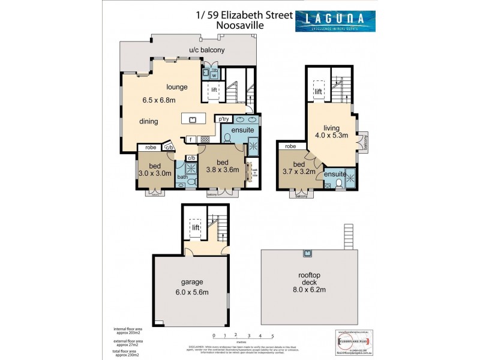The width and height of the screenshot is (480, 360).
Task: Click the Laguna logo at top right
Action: coord(335,21)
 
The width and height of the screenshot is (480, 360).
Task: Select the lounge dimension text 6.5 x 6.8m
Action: coord(164,100)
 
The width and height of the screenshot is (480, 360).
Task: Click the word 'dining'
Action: coord(149,121)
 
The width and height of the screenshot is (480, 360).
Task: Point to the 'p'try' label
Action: coord(225,119)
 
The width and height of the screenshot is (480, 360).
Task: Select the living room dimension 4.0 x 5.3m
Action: coord(332,136)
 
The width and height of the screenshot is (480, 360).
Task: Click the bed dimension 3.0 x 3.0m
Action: coord(155,173)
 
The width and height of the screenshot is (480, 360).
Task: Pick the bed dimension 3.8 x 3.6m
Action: coord(223,170)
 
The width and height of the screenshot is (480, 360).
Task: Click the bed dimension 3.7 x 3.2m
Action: coord(299,170)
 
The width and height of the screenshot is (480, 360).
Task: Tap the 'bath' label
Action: coord(182,177)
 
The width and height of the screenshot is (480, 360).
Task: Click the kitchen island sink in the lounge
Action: coord(193,119)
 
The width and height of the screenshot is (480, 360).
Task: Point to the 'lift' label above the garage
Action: coord(195,227)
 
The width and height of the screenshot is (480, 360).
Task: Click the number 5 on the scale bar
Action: coord(272,335)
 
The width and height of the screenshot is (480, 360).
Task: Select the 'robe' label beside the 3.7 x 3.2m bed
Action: coord(290,146)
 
